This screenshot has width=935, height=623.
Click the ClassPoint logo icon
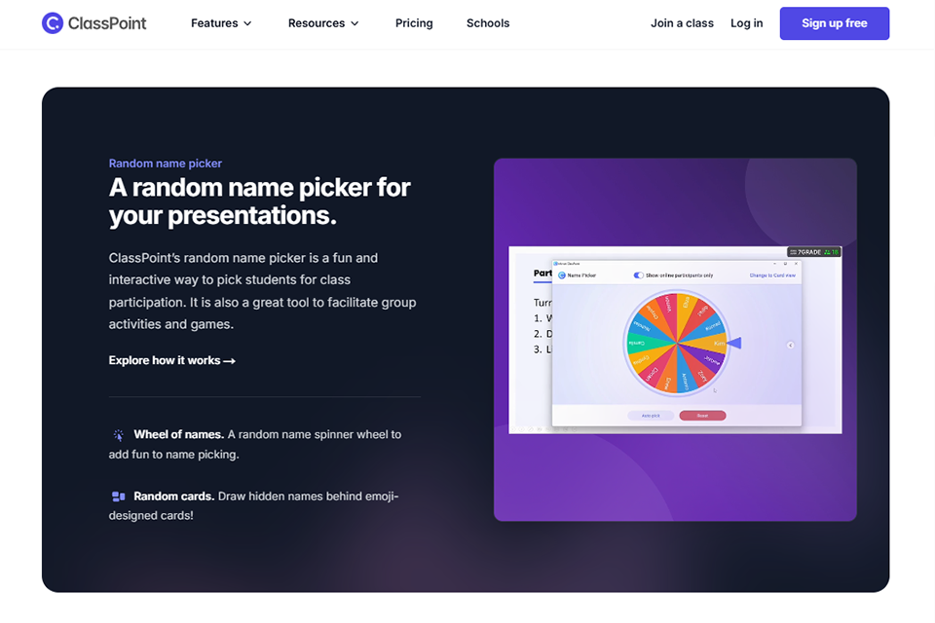53,23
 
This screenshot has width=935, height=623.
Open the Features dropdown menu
221,23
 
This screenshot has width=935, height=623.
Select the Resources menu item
323,23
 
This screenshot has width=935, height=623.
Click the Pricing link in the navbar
414,23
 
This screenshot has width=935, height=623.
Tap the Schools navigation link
488,23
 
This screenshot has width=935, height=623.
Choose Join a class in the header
682,23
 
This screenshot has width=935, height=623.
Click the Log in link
747,23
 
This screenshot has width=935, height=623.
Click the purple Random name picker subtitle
166,164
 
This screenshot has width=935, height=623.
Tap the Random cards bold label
173,496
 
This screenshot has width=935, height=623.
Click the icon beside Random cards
119,496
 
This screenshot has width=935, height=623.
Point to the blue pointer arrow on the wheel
735,343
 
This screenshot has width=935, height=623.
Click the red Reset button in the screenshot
702,416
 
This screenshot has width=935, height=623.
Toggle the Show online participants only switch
639,275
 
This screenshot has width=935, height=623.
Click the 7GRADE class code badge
808,252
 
